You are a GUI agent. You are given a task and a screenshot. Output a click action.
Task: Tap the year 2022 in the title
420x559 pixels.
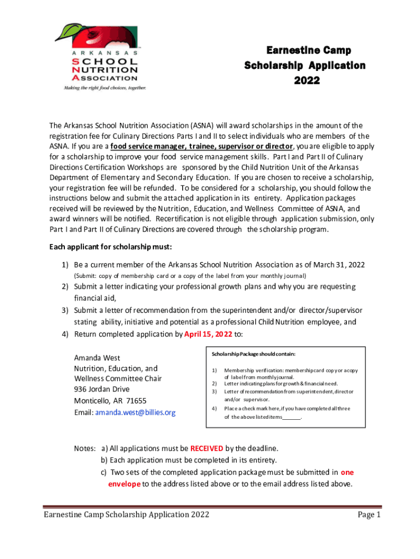point(305,81)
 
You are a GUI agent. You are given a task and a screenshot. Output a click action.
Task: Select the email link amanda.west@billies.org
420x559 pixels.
point(135,413)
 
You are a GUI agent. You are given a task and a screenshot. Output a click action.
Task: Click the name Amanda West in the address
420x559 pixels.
point(97,358)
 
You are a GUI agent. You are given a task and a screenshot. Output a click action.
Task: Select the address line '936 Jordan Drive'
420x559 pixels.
point(101,389)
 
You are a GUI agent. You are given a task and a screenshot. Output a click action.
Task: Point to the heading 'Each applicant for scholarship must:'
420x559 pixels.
point(111,247)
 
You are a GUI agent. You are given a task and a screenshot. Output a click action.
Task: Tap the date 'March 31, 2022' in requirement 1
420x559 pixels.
point(338,265)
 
